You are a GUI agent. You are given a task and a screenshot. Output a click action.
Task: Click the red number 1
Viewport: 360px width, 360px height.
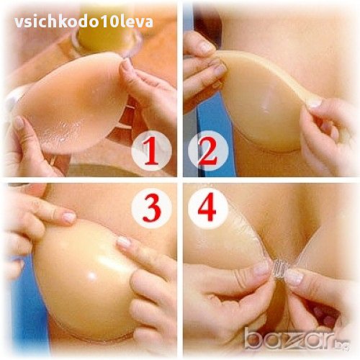pos(151,151)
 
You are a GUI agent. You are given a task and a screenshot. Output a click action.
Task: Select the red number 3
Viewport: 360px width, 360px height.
pos(151,208)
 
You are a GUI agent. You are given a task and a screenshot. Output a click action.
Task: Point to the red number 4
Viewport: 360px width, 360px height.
pos(207,207)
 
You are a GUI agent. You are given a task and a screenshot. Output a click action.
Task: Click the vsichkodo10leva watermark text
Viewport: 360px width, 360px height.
pos(84,22)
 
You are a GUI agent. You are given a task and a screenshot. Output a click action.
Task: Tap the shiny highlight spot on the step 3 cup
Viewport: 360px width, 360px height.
pos(91,276)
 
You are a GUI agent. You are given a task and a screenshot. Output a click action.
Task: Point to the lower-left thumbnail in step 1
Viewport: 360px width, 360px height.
pos(19,123)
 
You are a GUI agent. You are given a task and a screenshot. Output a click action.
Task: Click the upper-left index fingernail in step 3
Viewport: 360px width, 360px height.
pos(69,217)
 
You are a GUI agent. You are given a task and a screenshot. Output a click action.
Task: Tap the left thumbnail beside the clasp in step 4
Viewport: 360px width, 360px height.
pos(261,269)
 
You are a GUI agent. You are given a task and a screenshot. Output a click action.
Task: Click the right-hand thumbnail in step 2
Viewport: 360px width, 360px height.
pos(314,102)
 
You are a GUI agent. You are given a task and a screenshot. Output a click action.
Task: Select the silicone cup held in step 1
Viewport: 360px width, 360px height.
pos(72,103)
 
